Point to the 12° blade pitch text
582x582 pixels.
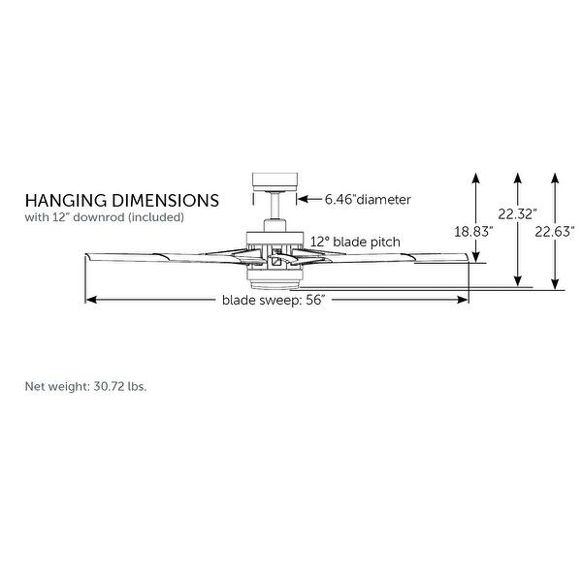tap(355, 241)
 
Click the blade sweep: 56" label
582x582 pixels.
tap(272, 300)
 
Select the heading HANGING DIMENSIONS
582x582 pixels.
tap(121, 200)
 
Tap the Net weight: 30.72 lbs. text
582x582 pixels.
tap(85, 386)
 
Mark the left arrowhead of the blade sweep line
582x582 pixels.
tap(90, 300)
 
